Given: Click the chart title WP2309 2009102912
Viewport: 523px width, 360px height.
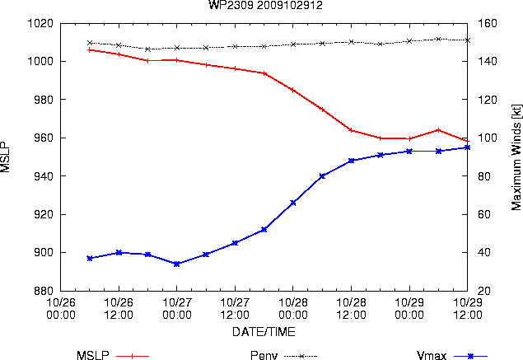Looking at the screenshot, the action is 265,5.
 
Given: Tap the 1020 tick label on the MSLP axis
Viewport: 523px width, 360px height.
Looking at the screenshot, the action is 40,23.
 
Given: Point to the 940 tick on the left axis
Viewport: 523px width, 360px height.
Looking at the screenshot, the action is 44,175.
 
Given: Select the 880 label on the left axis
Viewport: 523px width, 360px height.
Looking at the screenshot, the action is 44,291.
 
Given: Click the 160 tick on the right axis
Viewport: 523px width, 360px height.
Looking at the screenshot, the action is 488,23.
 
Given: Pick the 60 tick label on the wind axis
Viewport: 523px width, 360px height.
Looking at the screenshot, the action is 484,214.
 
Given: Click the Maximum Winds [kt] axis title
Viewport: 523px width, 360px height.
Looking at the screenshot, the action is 516,157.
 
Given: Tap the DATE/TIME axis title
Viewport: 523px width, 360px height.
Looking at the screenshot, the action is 264,332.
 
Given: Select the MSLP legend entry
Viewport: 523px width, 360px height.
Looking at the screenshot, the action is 113,355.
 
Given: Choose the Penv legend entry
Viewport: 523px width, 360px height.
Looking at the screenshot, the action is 283,355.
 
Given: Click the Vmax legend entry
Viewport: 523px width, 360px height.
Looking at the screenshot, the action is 452,355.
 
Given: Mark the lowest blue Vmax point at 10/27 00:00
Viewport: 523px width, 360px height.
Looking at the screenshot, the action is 177,264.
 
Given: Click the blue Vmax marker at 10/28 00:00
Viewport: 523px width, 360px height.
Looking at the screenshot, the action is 293,203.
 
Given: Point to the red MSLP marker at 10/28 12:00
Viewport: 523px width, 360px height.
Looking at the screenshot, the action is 351,130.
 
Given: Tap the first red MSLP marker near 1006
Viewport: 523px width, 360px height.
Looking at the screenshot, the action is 90,50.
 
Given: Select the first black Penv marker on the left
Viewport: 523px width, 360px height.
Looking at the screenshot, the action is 90,43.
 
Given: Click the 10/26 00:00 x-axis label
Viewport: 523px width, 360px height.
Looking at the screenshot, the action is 61,308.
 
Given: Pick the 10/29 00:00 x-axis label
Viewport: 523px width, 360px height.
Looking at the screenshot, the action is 409,308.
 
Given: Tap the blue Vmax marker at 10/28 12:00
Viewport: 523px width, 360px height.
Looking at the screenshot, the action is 351,161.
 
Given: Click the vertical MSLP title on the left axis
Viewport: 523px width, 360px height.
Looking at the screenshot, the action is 5,157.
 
